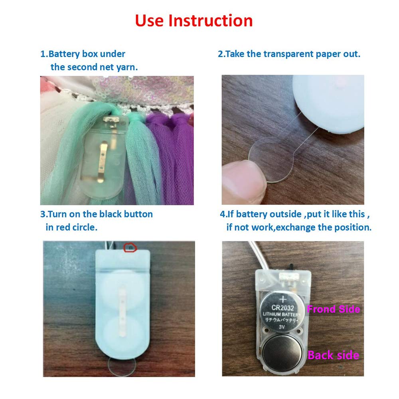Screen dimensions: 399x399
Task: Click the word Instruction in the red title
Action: [210, 20]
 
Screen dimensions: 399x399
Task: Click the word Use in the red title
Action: [149, 20]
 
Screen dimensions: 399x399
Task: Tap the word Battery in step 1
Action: [64, 54]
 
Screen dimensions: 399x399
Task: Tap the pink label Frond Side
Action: [334, 309]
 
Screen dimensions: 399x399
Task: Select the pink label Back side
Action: [333, 355]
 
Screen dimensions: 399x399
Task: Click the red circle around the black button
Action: [130, 248]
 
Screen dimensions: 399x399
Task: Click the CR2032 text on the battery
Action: [282, 308]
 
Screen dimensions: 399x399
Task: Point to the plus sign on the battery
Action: [283, 300]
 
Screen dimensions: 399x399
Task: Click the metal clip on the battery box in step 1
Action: [102, 162]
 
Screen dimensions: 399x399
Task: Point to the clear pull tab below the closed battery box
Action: [122, 366]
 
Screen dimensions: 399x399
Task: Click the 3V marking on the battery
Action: [282, 327]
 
